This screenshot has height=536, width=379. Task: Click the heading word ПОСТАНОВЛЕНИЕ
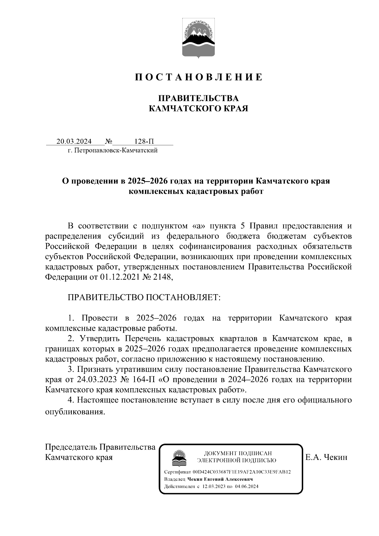point(198,77)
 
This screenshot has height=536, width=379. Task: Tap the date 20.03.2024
point(74,141)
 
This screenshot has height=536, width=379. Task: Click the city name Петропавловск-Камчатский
point(115,151)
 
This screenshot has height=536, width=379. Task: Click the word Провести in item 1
point(99,318)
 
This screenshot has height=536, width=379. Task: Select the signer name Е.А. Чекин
point(326,457)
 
